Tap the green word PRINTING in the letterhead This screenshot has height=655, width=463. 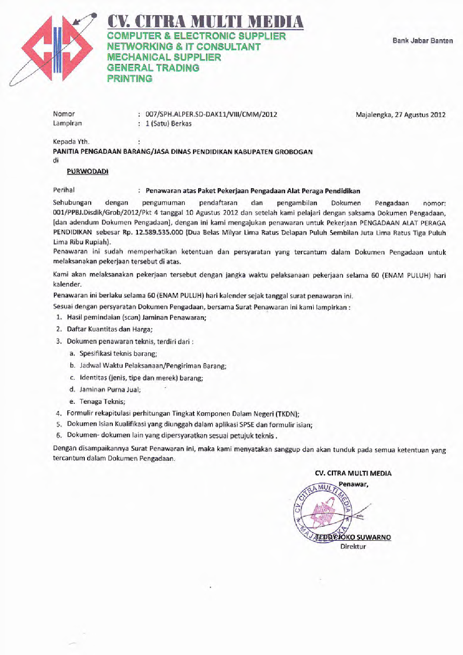[130, 79]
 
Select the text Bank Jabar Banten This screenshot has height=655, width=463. [422, 41]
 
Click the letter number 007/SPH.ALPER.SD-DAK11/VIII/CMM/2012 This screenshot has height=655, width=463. [211, 115]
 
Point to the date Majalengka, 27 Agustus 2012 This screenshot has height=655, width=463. [400, 115]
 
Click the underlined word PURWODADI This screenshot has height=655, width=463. [88, 172]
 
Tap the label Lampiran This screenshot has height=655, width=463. [67, 123]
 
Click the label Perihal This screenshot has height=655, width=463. [64, 190]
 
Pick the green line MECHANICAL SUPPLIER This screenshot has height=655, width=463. [164, 57]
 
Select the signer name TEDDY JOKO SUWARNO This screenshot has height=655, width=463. [353, 537]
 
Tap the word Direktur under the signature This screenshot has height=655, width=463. [353, 546]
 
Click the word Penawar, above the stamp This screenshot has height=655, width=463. [353, 484]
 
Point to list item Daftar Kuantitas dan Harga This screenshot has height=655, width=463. [110, 329]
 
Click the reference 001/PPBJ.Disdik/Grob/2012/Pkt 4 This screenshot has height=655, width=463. [105, 213]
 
